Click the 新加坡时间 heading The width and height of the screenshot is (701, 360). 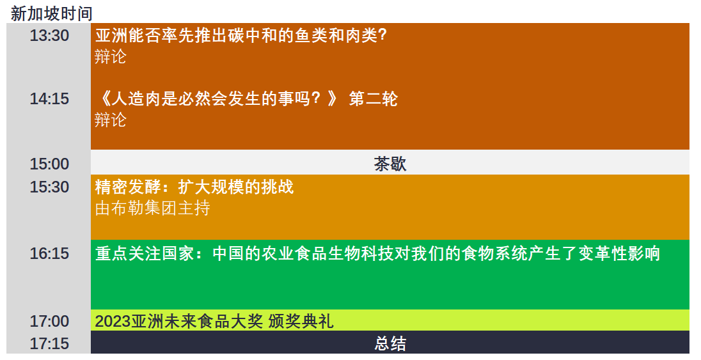[x=51, y=13]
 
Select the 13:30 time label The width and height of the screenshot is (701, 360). [x=49, y=35]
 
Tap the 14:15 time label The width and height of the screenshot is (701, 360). [x=49, y=98]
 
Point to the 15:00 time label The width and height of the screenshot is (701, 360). [x=49, y=164]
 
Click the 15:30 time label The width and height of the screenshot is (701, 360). [x=49, y=187]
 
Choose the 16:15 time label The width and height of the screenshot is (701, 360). [x=49, y=253]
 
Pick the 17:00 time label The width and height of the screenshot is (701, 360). [x=49, y=320]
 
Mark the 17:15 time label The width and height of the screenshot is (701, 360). [x=49, y=343]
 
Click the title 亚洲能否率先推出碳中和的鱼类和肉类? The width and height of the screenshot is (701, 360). [x=240, y=35]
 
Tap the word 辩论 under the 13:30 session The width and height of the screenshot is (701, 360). [x=111, y=56]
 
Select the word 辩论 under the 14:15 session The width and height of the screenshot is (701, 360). [x=111, y=120]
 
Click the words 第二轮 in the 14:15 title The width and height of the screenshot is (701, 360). [x=373, y=98]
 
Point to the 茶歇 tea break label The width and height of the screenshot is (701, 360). [x=390, y=164]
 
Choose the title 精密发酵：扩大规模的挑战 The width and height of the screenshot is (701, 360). [x=194, y=187]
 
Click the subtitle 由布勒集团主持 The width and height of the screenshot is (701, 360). [x=152, y=208]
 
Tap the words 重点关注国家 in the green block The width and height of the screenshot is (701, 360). [x=145, y=253]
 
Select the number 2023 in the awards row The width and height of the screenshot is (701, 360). [x=113, y=321]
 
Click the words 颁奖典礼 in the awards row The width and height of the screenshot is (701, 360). [x=301, y=321]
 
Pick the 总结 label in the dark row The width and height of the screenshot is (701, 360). [x=390, y=343]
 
